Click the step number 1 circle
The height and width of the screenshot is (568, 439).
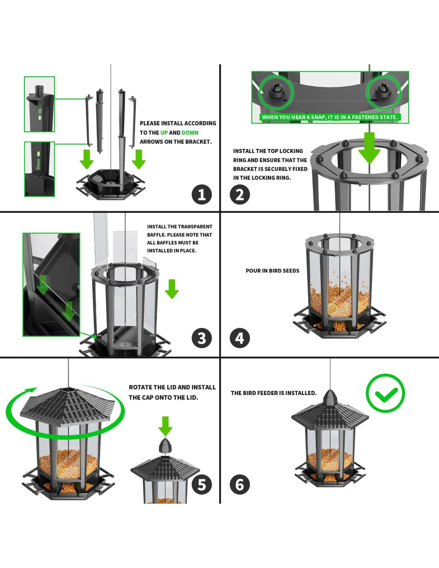pos(202,195)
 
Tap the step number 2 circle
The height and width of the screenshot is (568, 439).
pos(239,195)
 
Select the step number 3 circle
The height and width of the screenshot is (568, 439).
pos(202,338)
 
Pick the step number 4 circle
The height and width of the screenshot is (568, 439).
pos(239,338)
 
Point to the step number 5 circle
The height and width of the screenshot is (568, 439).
pos(202,485)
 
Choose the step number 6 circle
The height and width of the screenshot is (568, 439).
pos(239,485)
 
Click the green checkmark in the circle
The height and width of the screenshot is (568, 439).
pos(386,393)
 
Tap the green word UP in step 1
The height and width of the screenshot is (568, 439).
pos(164,133)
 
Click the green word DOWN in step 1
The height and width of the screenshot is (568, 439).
pos(190,133)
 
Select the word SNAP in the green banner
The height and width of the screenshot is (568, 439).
pos(318,117)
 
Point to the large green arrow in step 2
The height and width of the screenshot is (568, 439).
pos(370,148)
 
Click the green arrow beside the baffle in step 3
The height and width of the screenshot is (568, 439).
pos(172,289)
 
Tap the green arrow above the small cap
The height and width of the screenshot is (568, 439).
pos(165,426)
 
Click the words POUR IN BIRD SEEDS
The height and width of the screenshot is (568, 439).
pos(272,271)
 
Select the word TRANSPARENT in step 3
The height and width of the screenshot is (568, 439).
pos(196,226)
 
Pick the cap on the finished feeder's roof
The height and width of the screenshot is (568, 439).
pos(330,397)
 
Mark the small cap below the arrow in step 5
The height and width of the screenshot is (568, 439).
pos(165,446)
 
